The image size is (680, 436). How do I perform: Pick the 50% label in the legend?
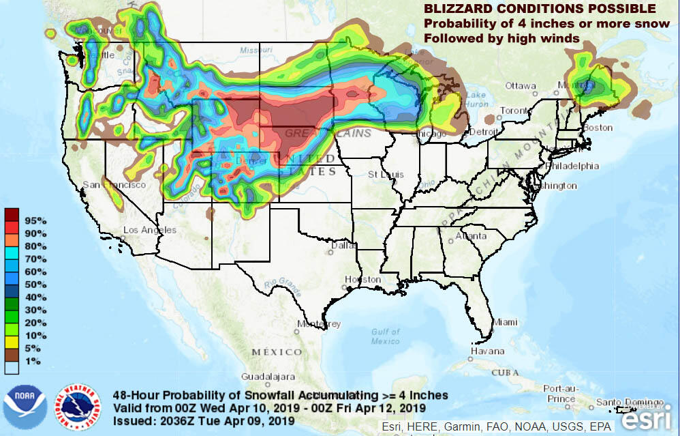click(x=36, y=284)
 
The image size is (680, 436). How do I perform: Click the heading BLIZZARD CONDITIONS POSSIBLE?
click(x=540, y=9)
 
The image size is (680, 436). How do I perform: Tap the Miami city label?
click(x=506, y=322)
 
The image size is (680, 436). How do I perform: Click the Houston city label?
click(x=362, y=280)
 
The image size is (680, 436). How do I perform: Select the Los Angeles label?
click(x=150, y=230)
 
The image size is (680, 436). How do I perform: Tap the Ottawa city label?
click(x=521, y=85)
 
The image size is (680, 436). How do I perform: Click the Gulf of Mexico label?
click(x=386, y=336)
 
